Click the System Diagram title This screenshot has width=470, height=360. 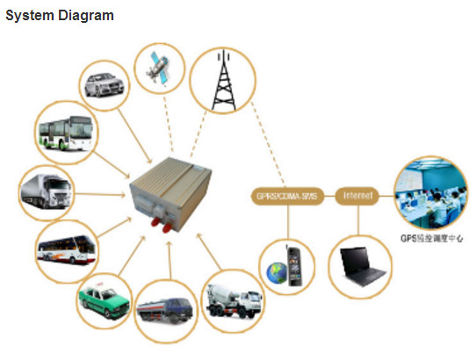(x=60, y=16)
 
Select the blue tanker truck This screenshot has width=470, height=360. (x=165, y=309)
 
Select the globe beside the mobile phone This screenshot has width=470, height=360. (x=278, y=273)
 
